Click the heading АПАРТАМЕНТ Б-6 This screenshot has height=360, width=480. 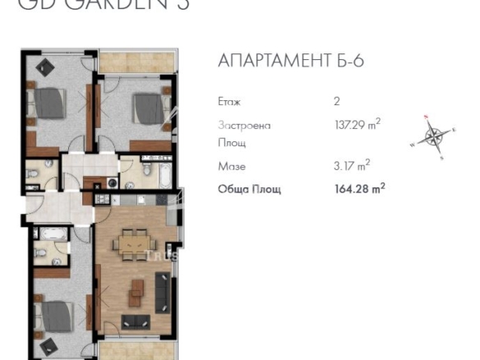pos(290,62)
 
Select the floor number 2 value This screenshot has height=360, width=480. pos(337,102)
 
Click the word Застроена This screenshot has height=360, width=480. pos(244,126)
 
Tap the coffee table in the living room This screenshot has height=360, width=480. pos(136,288)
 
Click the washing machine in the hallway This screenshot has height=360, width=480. pos(111,183)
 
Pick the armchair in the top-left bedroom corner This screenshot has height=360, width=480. pos(43,65)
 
